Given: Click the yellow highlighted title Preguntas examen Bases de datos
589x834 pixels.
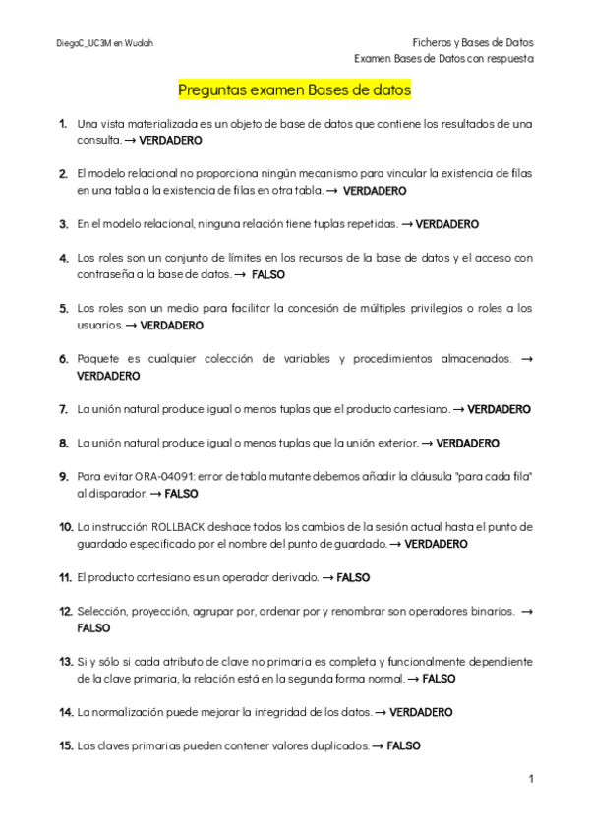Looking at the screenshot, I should [x=294, y=90].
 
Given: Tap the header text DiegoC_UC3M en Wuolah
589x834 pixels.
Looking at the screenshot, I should [x=104, y=43].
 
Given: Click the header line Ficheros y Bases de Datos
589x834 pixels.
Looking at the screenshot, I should [x=472, y=42].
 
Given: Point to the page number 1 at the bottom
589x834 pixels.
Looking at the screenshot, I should [x=530, y=780].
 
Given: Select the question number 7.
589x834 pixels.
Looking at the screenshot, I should [x=63, y=408].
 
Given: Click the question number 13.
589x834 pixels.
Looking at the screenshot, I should [x=66, y=661].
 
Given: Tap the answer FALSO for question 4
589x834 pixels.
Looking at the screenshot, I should [x=267, y=274].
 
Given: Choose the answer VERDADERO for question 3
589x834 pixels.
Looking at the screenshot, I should [x=446, y=224].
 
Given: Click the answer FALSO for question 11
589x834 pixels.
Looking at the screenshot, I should [x=353, y=577].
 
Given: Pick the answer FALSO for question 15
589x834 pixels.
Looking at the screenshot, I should [x=403, y=745].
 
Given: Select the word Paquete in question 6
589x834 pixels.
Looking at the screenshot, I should [x=99, y=359].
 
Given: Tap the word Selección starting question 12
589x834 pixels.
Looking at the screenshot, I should [x=101, y=611].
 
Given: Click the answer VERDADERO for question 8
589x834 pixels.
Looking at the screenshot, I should [x=467, y=443].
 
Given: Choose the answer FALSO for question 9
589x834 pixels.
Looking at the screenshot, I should [x=181, y=493].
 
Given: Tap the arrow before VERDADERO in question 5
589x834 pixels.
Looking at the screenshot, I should [x=132, y=325].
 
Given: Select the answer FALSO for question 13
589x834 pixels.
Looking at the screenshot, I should [x=439, y=678].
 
